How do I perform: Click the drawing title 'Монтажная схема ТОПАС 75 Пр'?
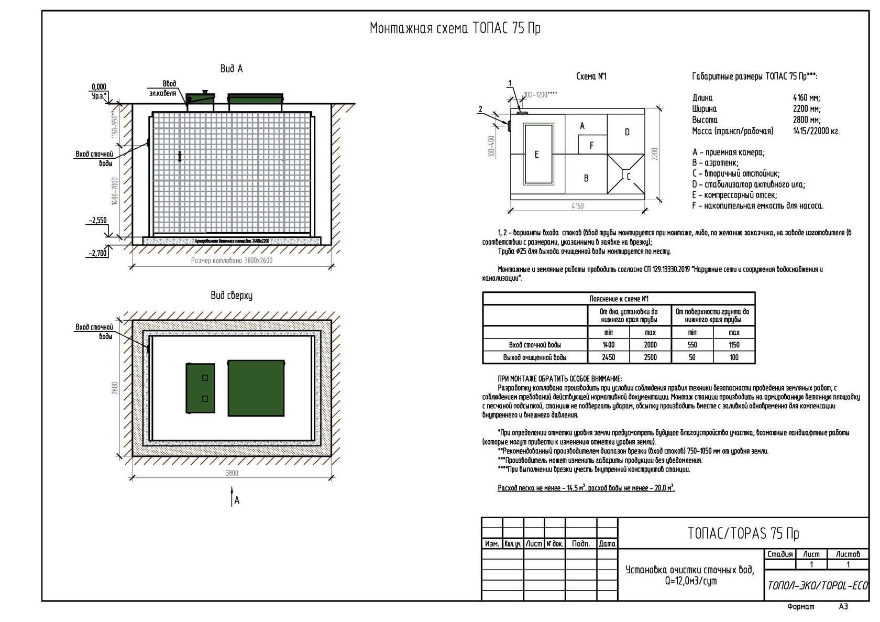tap(455, 28)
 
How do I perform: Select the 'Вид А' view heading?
tap(231, 69)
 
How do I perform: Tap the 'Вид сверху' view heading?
tap(231, 296)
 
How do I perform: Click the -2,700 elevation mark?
tap(98, 253)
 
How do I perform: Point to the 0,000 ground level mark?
tap(98, 87)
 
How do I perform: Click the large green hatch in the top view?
tap(256, 388)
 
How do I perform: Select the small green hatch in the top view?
tap(200, 388)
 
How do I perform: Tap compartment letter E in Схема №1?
tap(536, 155)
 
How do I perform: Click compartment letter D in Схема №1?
tap(626, 132)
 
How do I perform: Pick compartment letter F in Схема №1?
tap(591, 145)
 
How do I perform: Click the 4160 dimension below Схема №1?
tap(577, 206)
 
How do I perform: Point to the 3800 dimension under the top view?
tap(232, 473)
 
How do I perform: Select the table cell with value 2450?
tap(608, 357)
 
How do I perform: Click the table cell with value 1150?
tap(734, 345)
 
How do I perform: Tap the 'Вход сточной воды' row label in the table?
tap(535, 345)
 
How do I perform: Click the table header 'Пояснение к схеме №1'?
tap(619, 299)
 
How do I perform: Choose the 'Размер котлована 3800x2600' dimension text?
tap(232, 260)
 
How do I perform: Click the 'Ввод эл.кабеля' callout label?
tap(163, 89)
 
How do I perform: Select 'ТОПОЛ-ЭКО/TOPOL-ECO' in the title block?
tap(817, 585)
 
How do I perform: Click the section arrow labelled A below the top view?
tap(234, 498)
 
